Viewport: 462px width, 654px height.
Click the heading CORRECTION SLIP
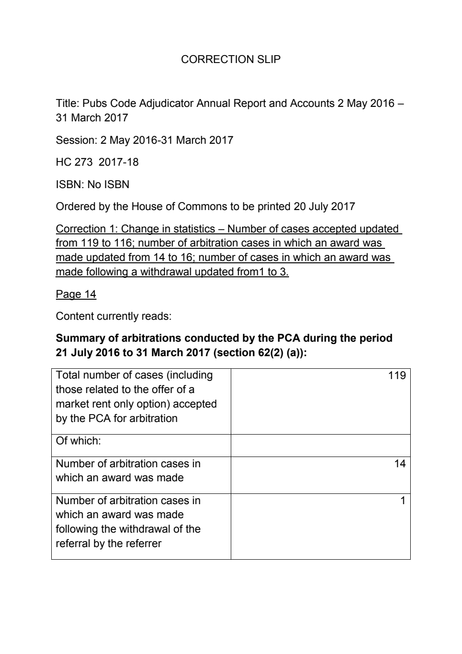[230, 59]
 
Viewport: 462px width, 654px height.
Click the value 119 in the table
[397, 376]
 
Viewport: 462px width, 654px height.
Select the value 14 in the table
[400, 464]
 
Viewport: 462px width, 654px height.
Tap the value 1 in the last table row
[403, 501]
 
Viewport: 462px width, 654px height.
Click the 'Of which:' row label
[78, 441]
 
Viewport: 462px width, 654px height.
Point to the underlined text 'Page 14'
[76, 294]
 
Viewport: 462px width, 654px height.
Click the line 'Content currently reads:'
[113, 316]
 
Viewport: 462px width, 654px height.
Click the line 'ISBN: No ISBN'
[92, 184]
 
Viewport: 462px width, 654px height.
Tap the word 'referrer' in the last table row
[143, 544]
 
